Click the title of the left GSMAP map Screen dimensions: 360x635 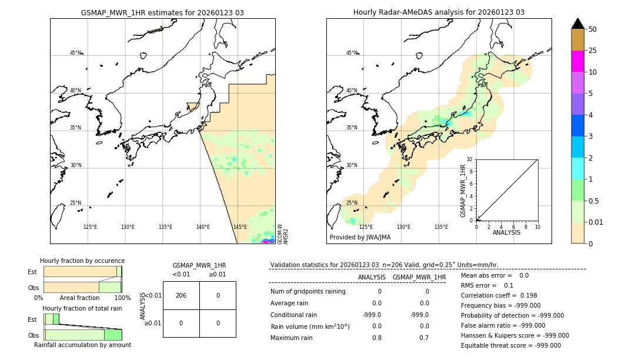pyautogui.click(x=162, y=12)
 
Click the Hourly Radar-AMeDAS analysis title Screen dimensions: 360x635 pyautogui.click(x=439, y=12)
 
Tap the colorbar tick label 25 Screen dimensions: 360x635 pyautogui.click(x=593, y=51)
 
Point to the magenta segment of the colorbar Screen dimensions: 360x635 pyautogui.click(x=578, y=61)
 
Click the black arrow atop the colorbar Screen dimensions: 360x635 pyautogui.click(x=578, y=24)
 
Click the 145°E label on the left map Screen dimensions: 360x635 pyautogui.click(x=239, y=227)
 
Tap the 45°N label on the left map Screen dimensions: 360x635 pyautogui.click(x=75, y=53)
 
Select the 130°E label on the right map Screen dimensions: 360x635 pyautogui.click(x=403, y=227)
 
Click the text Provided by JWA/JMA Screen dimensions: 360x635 pyautogui.click(x=360, y=237)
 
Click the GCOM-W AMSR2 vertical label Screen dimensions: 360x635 pyautogui.click(x=283, y=234)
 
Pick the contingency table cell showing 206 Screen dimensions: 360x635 pyautogui.click(x=181, y=295)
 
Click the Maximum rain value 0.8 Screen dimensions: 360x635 pyautogui.click(x=376, y=338)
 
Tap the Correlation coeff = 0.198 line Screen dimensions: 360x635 pyautogui.click(x=499, y=295)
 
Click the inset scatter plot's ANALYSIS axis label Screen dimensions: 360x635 pyautogui.click(x=507, y=233)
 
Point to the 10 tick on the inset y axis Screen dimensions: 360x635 pyautogui.click(x=470, y=159)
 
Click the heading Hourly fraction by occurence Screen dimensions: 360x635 pyautogui.click(x=82, y=261)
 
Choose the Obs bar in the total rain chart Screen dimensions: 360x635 pyautogui.click(x=83, y=335)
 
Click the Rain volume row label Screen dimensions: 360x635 pyautogui.click(x=310, y=326)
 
